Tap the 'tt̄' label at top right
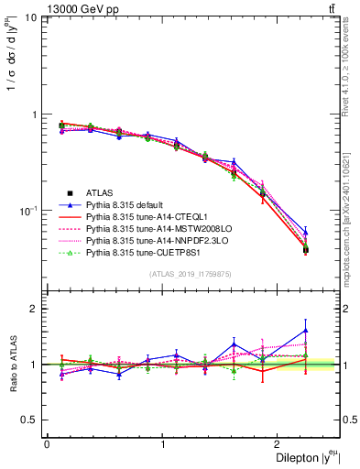[x=330, y=8]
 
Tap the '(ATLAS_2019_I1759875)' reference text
[x=190, y=274]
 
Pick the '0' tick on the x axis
[x=46, y=444]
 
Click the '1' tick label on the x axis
[x=162, y=444]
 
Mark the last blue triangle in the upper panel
[x=306, y=233]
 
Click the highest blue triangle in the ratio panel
[x=306, y=331]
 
